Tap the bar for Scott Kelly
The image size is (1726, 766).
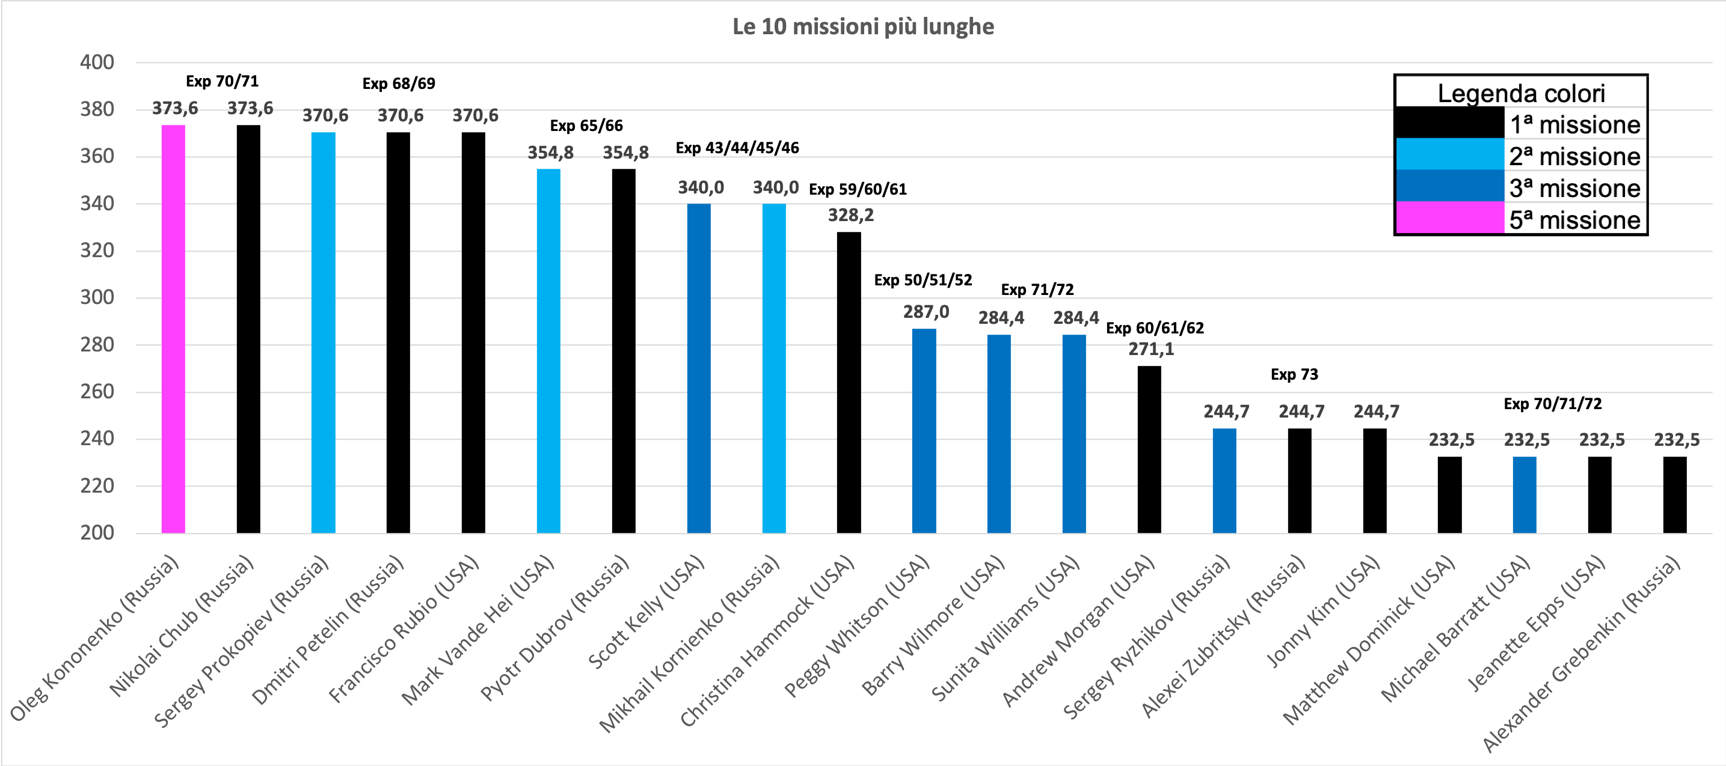(699, 368)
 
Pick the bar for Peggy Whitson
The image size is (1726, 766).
(924, 431)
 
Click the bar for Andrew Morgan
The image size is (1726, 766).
(1149, 449)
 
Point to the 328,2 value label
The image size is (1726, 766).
(850, 215)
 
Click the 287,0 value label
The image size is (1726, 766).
(926, 311)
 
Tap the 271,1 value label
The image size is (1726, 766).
(1150, 349)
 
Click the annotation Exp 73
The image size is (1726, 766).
(1294, 374)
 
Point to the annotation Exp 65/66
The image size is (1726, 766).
(586, 126)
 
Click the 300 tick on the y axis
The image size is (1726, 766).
(97, 297)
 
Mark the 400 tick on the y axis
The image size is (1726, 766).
(97, 62)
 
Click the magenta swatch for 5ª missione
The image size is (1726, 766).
(1450, 218)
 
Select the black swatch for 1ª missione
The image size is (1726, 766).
(1450, 123)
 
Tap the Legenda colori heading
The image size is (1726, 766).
(1521, 93)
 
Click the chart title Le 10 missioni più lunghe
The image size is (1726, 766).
(863, 27)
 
